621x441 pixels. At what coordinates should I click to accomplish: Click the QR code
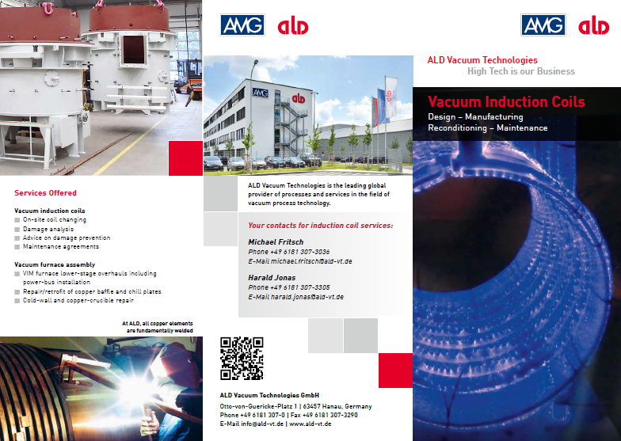(x=242, y=359)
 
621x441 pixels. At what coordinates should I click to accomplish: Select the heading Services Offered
(x=46, y=193)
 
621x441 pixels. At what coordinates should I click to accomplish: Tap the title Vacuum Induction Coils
(x=507, y=101)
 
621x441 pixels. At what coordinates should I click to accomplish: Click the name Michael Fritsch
(x=276, y=242)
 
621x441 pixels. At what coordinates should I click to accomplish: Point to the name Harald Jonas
(x=272, y=277)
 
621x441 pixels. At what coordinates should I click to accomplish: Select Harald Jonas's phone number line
(x=288, y=287)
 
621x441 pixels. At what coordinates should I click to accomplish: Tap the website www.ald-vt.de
(x=310, y=424)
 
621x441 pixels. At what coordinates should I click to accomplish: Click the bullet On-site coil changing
(x=55, y=220)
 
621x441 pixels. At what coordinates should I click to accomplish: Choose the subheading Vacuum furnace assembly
(x=55, y=264)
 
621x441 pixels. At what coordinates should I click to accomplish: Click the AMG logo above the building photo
(x=242, y=25)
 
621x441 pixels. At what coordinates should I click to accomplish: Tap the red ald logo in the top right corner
(x=594, y=26)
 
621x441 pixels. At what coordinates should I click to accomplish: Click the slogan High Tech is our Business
(x=521, y=71)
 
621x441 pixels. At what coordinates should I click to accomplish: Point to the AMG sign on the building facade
(x=260, y=93)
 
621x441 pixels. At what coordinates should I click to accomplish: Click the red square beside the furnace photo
(x=185, y=158)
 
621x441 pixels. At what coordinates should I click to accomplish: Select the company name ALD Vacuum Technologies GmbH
(x=269, y=395)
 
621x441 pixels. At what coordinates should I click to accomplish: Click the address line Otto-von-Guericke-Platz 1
(x=258, y=407)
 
